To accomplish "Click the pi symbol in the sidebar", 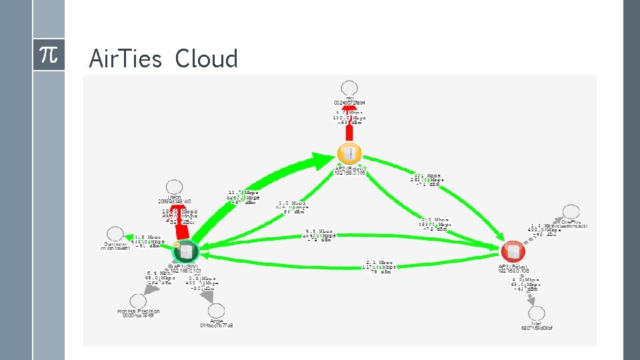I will [x=49, y=56].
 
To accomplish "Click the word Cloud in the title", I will [x=207, y=59].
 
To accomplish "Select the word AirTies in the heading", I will [x=125, y=59].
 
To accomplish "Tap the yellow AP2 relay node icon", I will [x=349, y=153].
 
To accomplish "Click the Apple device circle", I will [x=217, y=310].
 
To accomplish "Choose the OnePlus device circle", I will [x=571, y=211].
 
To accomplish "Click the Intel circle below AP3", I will [x=536, y=313].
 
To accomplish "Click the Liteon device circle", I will [x=174, y=187].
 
